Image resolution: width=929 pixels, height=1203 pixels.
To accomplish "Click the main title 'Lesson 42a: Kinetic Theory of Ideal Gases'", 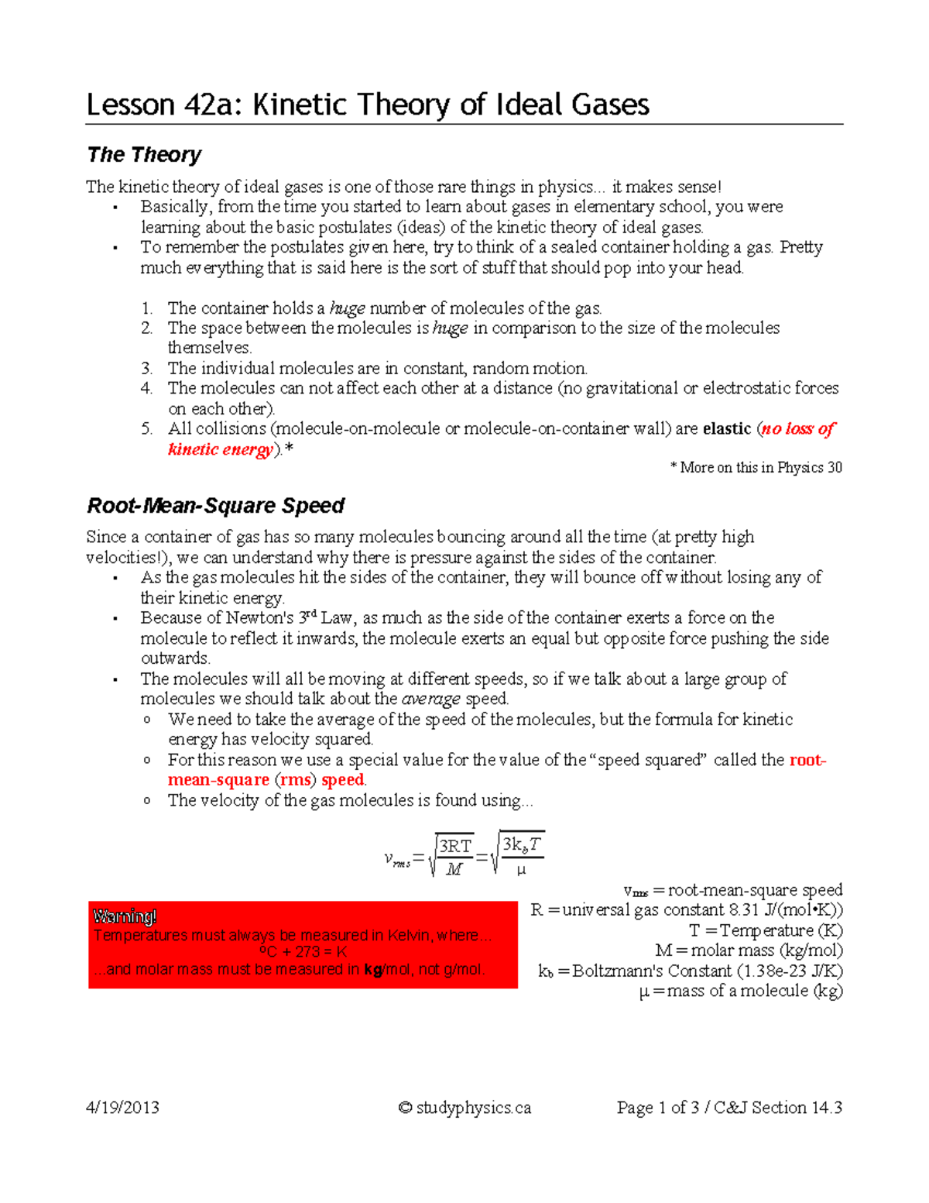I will click(x=368, y=105).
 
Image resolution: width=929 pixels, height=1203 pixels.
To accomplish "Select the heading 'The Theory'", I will click(x=144, y=155).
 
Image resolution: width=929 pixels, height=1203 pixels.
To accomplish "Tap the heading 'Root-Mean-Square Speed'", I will click(x=215, y=506).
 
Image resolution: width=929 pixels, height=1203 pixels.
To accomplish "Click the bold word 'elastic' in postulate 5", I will click(x=727, y=429).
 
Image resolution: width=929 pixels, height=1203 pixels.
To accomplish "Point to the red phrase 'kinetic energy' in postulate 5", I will click(x=221, y=450).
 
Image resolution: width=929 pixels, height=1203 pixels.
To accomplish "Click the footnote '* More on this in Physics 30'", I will click(x=756, y=468).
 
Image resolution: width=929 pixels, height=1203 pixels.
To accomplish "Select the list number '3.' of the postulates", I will click(x=147, y=369).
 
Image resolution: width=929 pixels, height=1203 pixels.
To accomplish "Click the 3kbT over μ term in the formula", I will click(x=521, y=856).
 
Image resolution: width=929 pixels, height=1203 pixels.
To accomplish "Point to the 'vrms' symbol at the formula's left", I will click(x=397, y=859).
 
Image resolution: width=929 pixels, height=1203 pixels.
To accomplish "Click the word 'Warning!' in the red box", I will click(x=125, y=917).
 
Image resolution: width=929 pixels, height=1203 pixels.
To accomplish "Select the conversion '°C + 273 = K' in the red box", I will click(x=303, y=952).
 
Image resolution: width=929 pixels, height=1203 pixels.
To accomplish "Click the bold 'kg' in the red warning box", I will click(x=373, y=970).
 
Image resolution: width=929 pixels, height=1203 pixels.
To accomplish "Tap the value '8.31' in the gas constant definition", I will click(x=744, y=910).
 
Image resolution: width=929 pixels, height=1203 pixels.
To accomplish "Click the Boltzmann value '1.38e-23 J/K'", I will click(x=790, y=971).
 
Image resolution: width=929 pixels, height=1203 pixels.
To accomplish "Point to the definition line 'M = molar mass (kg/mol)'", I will click(x=749, y=950).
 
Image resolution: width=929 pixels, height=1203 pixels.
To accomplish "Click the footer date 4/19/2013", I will click(x=122, y=1108).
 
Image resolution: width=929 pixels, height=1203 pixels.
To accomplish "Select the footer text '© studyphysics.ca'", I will click(x=464, y=1108).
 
